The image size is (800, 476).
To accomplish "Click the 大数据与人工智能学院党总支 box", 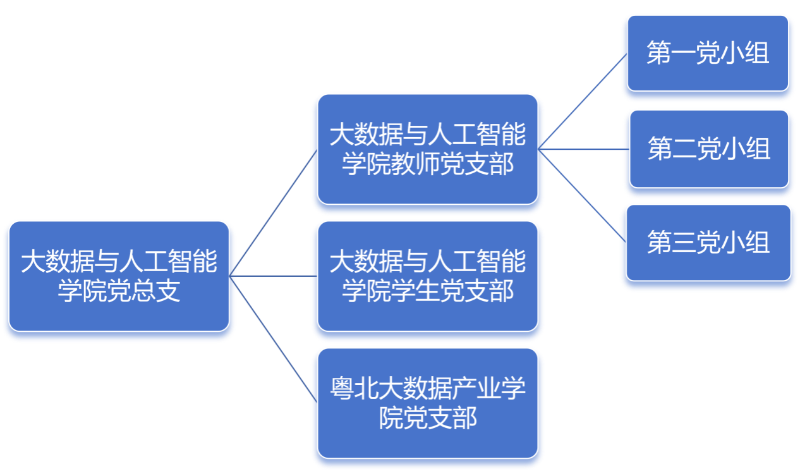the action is tap(119, 276).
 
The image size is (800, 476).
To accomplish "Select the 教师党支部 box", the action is tap(428, 149).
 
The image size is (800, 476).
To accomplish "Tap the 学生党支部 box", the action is tap(428, 276).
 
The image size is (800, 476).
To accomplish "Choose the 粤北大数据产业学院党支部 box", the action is tap(428, 403).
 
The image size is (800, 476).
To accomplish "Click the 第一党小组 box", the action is tap(708, 53).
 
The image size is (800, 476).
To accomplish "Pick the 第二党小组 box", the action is tap(709, 149).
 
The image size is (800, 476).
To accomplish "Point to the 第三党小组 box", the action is tap(708, 243).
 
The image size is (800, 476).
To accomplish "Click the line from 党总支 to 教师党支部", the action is tap(273, 213).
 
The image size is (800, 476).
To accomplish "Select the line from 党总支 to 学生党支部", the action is tap(273, 276).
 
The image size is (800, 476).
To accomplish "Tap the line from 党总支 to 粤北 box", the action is tap(273, 339).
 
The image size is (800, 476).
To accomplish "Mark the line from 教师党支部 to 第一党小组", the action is tap(583, 102).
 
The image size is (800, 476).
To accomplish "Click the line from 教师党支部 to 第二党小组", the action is tap(584, 149).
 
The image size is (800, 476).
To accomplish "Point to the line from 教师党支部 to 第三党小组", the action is tap(582, 196).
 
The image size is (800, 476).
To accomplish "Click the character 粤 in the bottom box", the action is tap(342, 388).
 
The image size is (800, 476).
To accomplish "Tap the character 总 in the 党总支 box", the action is tap(143, 291).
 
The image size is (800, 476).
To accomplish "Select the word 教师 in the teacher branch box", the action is tap(415, 164).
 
